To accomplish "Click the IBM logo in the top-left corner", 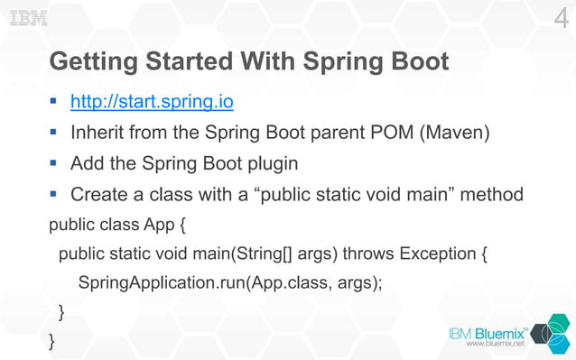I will pyautogui.click(x=28, y=19).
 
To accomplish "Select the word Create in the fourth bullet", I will pyautogui.click(x=99, y=194).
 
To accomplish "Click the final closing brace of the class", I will pyautogui.click(x=52, y=341).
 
